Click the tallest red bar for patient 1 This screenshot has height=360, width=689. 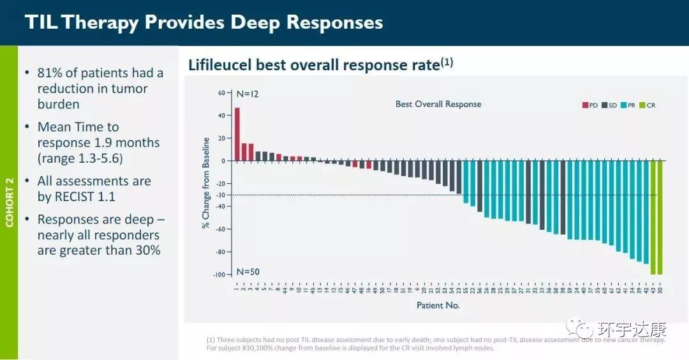(x=237, y=134)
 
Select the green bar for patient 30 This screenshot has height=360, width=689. (x=660, y=217)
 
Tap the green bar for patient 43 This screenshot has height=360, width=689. (x=653, y=217)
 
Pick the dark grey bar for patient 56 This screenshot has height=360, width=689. (x=479, y=186)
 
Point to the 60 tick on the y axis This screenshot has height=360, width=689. (x=222, y=93)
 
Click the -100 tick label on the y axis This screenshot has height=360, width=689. (x=219, y=274)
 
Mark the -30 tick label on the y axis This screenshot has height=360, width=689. (x=221, y=195)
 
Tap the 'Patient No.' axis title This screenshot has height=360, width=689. (x=438, y=305)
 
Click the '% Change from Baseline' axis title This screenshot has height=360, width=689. (x=206, y=183)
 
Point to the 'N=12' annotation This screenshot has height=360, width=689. (x=248, y=94)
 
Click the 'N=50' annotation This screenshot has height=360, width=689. (x=248, y=271)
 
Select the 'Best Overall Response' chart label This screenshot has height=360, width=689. (x=438, y=104)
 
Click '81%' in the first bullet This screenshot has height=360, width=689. (x=51, y=73)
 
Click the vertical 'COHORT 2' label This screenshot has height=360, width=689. (x=9, y=202)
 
